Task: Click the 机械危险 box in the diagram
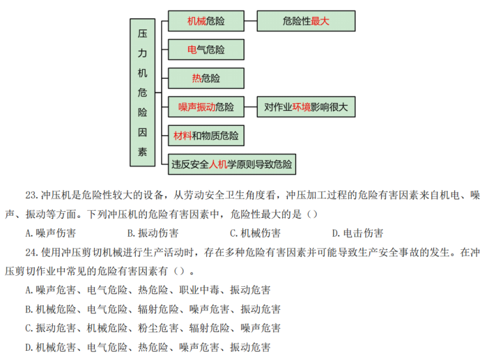click(206, 21)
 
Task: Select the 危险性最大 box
click(305, 21)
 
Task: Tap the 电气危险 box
click(206, 50)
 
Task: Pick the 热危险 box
click(206, 78)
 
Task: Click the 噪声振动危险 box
click(206, 107)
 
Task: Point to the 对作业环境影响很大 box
click(305, 107)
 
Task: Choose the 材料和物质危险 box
click(206, 136)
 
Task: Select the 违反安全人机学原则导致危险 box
click(232, 164)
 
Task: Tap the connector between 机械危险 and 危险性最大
click(250, 21)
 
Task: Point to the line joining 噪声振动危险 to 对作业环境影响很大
click(250, 107)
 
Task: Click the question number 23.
click(32, 196)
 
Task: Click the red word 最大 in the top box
click(320, 21)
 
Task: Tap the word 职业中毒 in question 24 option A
click(200, 290)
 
